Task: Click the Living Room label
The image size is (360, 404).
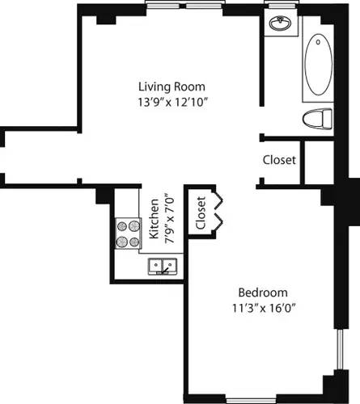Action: tap(172, 86)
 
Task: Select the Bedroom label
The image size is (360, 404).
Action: tap(261, 292)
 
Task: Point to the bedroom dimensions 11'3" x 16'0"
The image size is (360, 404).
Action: tap(261, 307)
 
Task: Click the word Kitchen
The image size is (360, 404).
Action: tap(154, 218)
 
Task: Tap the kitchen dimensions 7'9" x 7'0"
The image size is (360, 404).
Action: tap(168, 218)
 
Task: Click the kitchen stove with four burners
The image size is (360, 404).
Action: tap(127, 234)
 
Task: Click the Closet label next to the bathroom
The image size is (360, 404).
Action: tap(279, 160)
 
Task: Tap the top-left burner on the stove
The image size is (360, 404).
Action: tap(121, 227)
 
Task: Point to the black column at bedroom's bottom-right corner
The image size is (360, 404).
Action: tap(332, 387)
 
